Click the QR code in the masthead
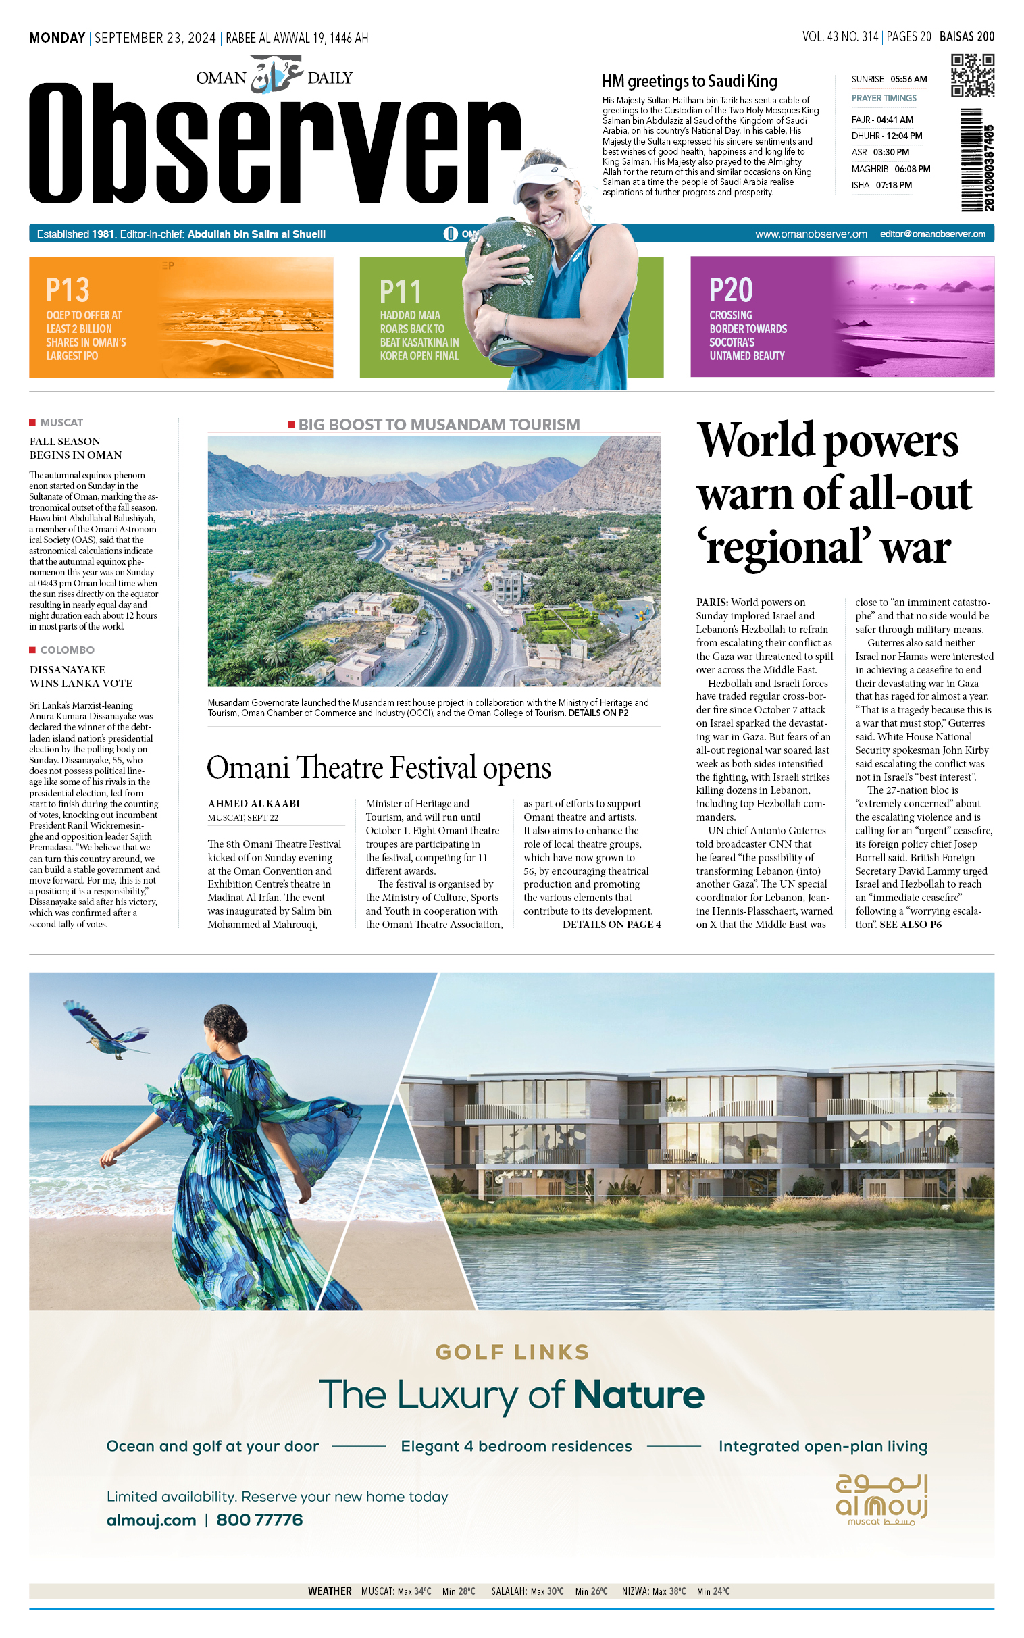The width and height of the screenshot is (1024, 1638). click(x=972, y=76)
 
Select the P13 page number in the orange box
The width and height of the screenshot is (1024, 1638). click(x=68, y=290)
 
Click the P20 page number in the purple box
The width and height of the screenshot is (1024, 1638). click(x=731, y=290)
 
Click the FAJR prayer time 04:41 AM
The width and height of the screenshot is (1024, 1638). click(x=882, y=120)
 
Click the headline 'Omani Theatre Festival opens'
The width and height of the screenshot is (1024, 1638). click(x=378, y=768)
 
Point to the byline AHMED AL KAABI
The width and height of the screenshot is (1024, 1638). click(x=254, y=804)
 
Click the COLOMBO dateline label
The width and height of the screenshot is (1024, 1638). click(x=67, y=650)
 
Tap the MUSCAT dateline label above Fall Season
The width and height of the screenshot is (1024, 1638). click(x=61, y=423)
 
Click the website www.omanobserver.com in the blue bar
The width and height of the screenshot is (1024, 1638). click(x=811, y=234)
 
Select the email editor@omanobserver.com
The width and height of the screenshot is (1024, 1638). click(x=933, y=234)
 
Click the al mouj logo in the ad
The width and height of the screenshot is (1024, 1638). click(x=881, y=1499)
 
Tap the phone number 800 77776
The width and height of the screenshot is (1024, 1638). click(x=259, y=1520)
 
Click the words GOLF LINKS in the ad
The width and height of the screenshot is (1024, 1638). click(x=512, y=1352)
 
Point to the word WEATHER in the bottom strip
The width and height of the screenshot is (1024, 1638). click(x=330, y=1591)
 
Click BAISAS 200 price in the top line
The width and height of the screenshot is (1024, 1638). click(x=967, y=37)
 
